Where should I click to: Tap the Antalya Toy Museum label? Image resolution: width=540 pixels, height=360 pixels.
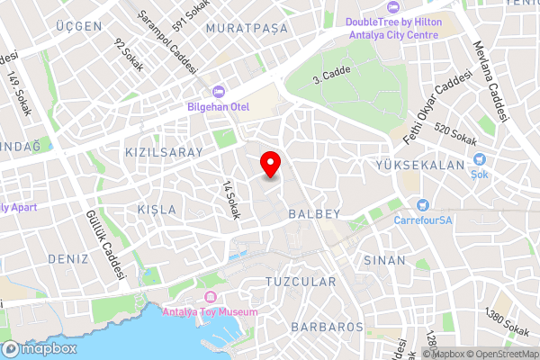[x=210, y=312]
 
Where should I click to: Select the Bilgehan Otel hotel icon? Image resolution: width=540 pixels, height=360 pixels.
[x=217, y=91]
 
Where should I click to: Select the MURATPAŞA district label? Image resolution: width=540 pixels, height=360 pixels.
[x=247, y=29]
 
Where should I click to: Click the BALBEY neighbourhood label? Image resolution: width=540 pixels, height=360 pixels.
[x=314, y=214]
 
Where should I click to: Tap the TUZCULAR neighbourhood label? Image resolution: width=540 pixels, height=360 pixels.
[x=301, y=282]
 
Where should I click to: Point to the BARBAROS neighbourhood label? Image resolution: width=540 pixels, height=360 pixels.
[x=328, y=326]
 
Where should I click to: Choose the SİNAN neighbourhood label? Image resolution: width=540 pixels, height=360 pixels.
[x=385, y=259]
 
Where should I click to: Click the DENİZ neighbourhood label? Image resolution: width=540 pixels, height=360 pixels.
[x=67, y=258]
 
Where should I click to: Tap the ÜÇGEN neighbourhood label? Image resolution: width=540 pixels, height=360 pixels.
[x=77, y=26]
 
